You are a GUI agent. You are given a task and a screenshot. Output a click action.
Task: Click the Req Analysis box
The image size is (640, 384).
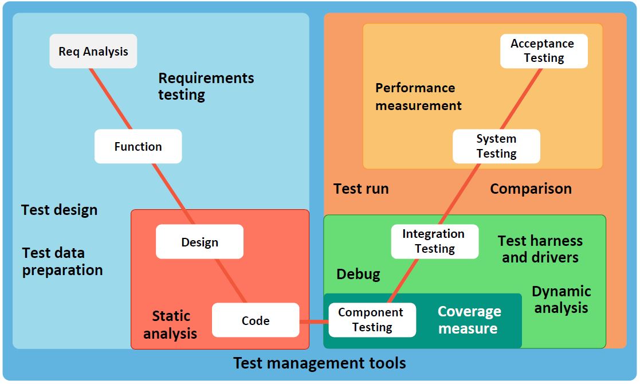(93, 52)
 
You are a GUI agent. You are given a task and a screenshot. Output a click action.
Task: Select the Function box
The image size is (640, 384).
(138, 147)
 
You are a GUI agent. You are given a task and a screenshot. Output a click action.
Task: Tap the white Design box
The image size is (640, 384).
(199, 242)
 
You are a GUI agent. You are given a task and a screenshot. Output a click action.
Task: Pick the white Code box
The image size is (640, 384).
(256, 320)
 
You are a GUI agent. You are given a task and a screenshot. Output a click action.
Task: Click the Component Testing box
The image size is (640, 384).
(372, 320)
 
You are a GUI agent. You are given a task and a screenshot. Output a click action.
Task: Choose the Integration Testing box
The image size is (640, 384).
(435, 241)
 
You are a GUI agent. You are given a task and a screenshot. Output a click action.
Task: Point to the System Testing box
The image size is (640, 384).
(496, 146)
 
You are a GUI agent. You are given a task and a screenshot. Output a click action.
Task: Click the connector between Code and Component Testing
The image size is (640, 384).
(313, 321)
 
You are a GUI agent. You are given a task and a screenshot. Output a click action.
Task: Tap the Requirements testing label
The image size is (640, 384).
(206, 86)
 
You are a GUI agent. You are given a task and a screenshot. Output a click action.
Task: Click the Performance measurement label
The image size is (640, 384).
(418, 96)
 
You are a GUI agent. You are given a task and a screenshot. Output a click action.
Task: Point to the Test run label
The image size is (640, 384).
(361, 189)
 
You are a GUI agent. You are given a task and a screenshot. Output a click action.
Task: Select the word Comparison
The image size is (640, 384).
(531, 189)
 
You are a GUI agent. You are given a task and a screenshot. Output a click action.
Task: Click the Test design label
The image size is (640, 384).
(60, 210)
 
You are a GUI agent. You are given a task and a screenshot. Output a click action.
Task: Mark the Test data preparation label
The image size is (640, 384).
(62, 261)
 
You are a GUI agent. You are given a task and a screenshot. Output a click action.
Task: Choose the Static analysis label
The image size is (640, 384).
(170, 324)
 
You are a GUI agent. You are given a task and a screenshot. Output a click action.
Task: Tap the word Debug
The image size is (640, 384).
(358, 274)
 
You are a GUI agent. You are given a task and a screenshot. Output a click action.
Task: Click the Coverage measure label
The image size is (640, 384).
(469, 320)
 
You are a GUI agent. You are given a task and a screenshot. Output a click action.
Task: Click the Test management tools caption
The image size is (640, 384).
(320, 363)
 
